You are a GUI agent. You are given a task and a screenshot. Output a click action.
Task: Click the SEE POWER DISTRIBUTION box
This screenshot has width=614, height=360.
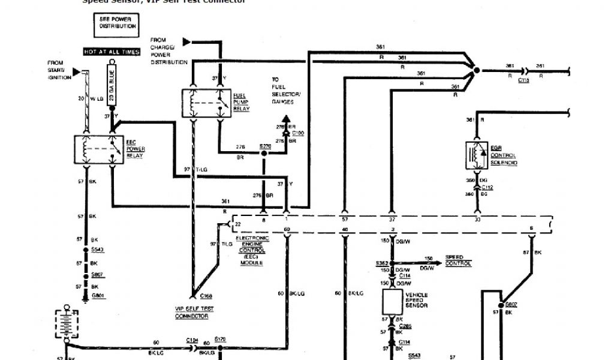(118, 23)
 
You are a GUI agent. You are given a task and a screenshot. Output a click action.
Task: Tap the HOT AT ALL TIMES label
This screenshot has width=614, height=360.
(112, 52)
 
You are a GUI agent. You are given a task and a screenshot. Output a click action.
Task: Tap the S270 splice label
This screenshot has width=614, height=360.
(264, 146)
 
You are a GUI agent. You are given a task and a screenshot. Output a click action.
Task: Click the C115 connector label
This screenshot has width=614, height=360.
(523, 80)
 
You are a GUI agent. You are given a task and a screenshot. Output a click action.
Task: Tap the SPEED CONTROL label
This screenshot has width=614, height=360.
(458, 261)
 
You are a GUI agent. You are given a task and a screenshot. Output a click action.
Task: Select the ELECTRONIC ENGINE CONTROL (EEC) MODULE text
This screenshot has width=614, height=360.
(255, 250)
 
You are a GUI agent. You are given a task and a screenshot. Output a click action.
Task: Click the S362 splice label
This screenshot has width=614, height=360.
(381, 263)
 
